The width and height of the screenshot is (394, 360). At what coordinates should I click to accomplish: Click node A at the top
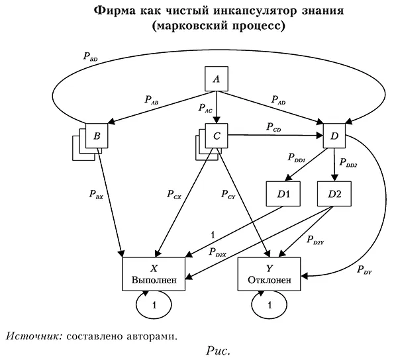point(215,81)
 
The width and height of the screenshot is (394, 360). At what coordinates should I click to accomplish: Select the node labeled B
point(97,137)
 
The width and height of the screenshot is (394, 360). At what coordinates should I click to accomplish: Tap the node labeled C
point(216,137)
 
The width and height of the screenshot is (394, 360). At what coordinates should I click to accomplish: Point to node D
point(334,137)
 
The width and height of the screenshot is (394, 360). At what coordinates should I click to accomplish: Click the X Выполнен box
point(154,274)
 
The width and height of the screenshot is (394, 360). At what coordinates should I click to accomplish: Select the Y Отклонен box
point(269,274)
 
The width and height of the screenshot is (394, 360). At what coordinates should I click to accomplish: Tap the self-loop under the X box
point(154,306)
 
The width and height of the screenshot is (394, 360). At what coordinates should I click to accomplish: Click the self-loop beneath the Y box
point(269,306)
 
